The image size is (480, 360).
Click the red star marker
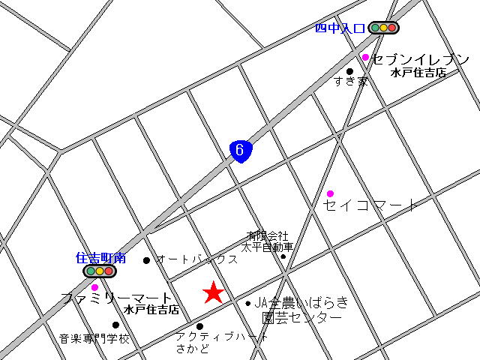point(214,292)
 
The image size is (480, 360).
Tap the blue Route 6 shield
point(240,151)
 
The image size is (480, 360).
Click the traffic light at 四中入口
point(383,28)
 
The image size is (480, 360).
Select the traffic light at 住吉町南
point(99,271)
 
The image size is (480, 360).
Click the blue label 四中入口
point(340,28)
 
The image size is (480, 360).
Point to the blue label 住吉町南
point(101,257)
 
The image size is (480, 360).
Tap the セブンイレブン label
point(421,59)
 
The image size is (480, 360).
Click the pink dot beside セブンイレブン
point(365,57)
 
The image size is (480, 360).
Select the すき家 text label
point(351,82)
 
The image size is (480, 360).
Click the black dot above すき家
point(349,71)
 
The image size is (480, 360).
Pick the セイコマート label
point(370,205)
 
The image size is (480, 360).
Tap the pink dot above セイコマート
point(330,193)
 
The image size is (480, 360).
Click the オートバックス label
point(196,259)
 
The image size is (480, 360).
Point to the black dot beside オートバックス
point(146,260)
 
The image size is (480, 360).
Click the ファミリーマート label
point(116,298)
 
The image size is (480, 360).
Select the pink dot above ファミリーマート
point(94,287)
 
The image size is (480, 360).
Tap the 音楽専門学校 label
point(94,339)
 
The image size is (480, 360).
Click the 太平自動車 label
point(267,247)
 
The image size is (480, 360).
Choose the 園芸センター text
point(301,317)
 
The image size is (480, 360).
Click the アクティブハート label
point(222,337)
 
